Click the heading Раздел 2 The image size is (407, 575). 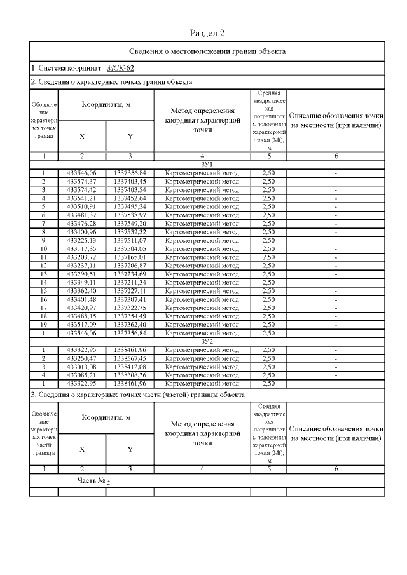[207, 33]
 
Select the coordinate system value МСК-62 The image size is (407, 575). [120, 68]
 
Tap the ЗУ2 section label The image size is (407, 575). [207, 341]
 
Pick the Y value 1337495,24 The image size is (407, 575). [130, 206]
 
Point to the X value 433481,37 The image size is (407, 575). [81, 215]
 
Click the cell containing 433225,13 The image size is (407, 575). [81, 240]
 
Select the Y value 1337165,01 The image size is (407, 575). [130, 257]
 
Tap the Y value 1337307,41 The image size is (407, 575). [130, 299]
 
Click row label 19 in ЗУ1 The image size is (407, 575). [43, 324]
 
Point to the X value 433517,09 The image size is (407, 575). [81, 324]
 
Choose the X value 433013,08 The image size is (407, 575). [81, 366]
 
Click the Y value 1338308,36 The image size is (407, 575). [130, 374]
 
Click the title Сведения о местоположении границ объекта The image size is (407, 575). [207, 51]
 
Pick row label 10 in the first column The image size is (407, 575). [43, 248]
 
